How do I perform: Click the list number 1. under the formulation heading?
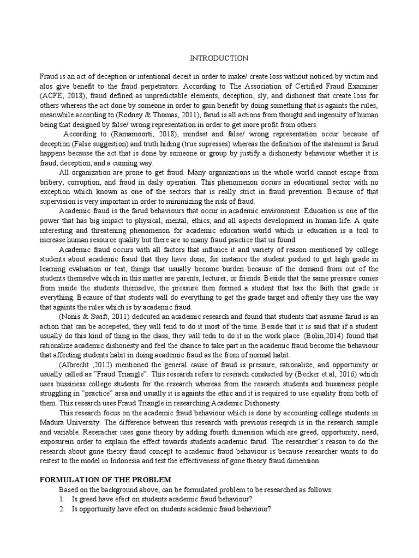tap(63, 499)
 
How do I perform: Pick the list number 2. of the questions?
tap(63, 508)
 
